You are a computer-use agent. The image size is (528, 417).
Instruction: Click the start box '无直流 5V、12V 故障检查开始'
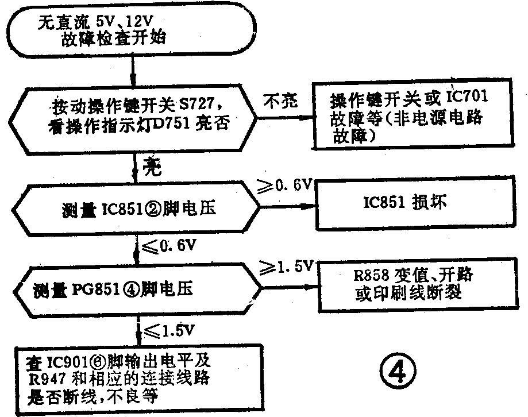pos(132,32)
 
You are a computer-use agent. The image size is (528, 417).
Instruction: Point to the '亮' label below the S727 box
pos(154,167)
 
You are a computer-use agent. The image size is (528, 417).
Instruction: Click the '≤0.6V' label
pos(169,248)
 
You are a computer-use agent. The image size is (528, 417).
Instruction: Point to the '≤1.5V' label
pos(171,331)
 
